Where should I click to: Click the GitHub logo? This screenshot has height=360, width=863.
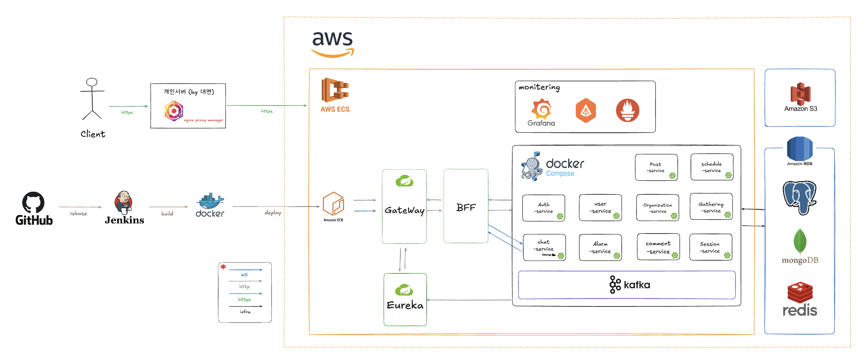33,202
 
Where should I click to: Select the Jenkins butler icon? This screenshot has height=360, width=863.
124,203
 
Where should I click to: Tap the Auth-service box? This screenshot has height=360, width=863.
544,208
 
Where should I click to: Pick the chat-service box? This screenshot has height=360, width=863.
544,247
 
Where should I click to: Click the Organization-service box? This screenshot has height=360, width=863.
658,208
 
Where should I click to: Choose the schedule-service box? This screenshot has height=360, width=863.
712,167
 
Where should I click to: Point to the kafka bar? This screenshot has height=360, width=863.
627,285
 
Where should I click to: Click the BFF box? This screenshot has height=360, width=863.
466,206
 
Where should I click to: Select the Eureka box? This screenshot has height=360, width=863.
405,300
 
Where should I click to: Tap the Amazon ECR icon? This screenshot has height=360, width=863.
333,204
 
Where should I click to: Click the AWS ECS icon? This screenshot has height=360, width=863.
335,90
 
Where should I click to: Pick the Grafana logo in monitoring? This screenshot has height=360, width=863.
541,110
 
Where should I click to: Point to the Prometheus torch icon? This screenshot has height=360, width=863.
627,110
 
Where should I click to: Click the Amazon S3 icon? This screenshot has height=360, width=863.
800,93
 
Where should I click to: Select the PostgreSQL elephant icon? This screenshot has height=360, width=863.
799,197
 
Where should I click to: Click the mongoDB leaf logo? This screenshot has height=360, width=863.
800,242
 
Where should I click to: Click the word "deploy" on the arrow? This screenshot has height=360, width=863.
273,213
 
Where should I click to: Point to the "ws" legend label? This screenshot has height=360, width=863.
245,275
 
